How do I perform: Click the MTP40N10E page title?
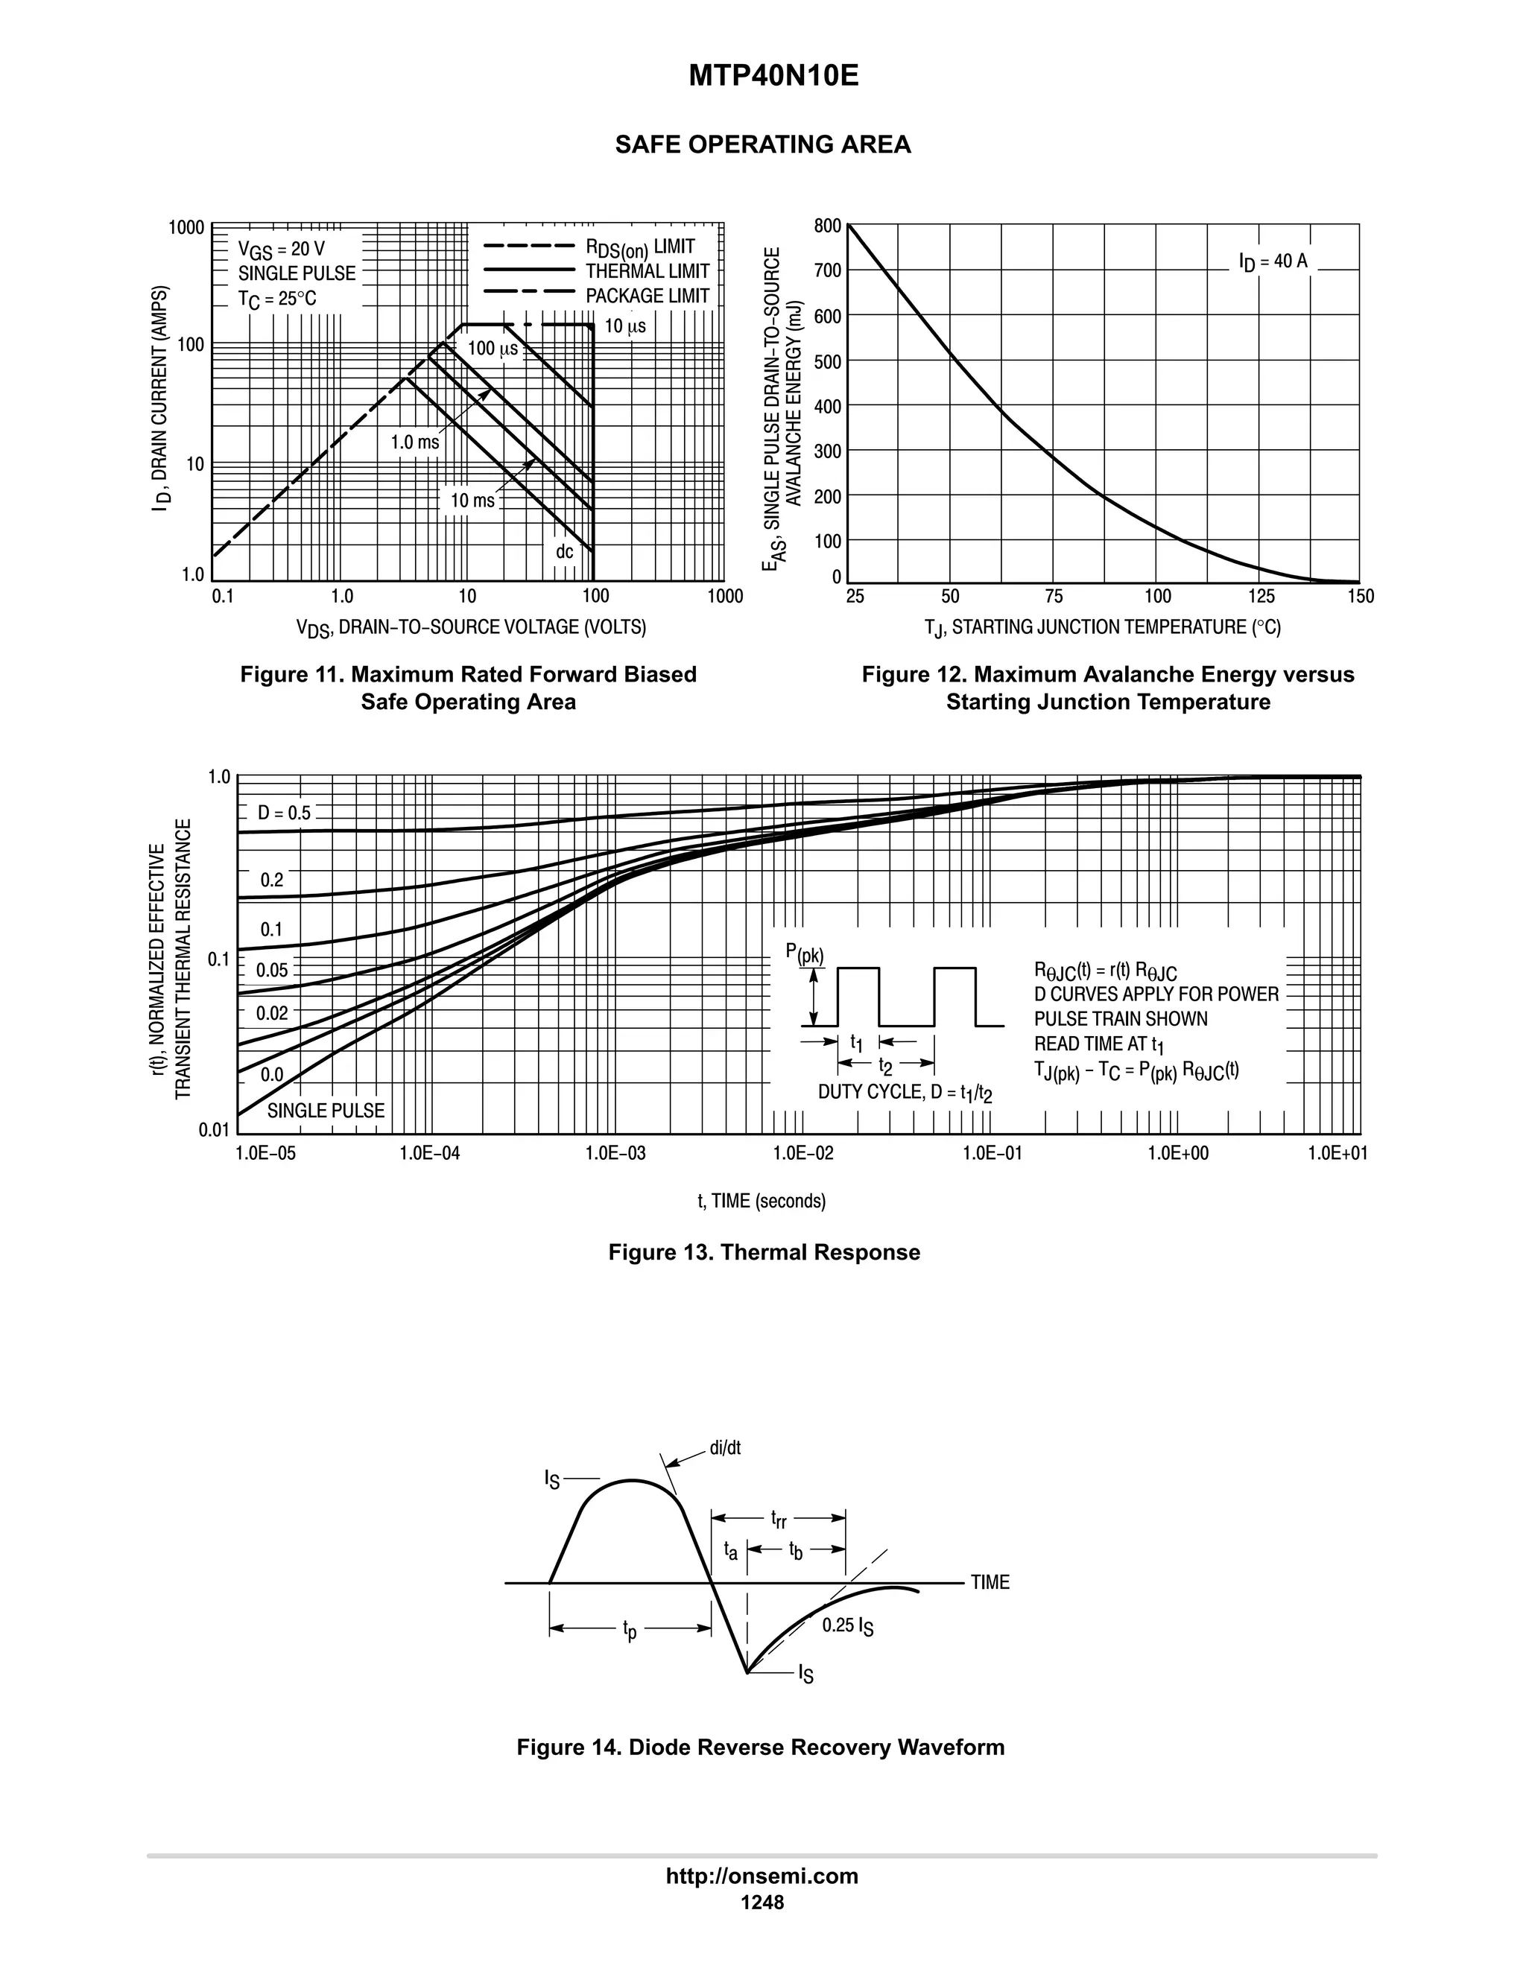tap(773, 76)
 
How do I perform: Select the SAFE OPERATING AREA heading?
tap(762, 145)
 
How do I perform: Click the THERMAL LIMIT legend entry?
tap(648, 271)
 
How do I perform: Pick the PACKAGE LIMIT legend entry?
tap(648, 296)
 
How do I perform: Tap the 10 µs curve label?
tap(624, 326)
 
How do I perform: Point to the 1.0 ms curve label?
tap(415, 442)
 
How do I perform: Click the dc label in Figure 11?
tap(564, 551)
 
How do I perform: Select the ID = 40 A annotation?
tap(1273, 262)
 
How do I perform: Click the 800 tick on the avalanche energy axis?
tap(826, 225)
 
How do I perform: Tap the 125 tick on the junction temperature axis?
tap(1261, 597)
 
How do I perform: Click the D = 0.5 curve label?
tap(284, 813)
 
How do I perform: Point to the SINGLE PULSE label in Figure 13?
tap(326, 1111)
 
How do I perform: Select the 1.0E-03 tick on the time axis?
tap(615, 1153)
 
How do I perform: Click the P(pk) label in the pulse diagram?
tap(805, 954)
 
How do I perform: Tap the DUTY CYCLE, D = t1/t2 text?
tap(905, 1093)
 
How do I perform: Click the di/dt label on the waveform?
tap(725, 1448)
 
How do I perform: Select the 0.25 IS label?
tap(847, 1626)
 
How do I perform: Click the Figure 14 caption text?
tap(760, 1747)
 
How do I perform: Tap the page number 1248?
tap(762, 1902)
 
